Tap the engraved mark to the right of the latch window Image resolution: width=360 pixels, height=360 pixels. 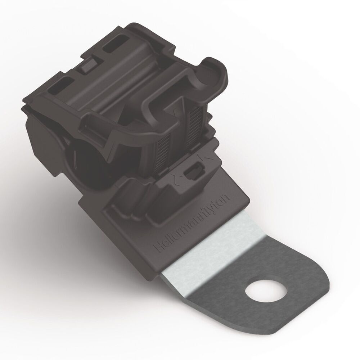203,158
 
